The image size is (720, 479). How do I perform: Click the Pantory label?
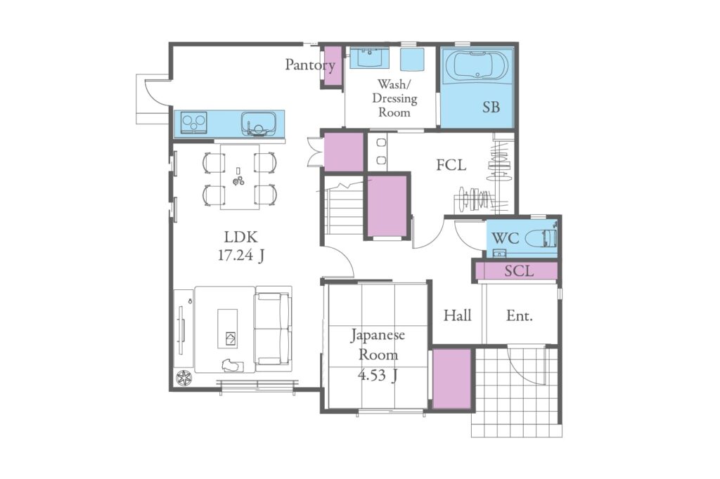click(x=310, y=65)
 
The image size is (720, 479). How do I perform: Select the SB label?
click(x=491, y=107)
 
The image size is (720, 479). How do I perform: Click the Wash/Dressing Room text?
click(x=394, y=98)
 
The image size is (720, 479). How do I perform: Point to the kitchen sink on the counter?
click(x=259, y=124)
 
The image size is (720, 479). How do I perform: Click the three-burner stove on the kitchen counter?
click(x=193, y=122)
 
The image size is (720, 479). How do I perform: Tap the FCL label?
click(x=451, y=165)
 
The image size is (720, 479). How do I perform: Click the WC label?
click(x=505, y=238)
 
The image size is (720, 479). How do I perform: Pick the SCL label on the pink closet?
click(x=519, y=270)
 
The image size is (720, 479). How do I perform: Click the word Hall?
click(x=457, y=315)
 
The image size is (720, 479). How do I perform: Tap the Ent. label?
click(x=520, y=315)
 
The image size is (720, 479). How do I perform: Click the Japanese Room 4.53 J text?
click(x=378, y=355)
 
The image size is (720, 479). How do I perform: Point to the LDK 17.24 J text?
click(x=240, y=247)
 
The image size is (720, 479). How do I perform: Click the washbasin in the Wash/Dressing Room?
click(x=370, y=58)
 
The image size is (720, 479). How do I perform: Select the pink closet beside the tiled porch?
click(x=452, y=379)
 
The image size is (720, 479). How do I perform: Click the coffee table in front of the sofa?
click(x=228, y=328)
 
